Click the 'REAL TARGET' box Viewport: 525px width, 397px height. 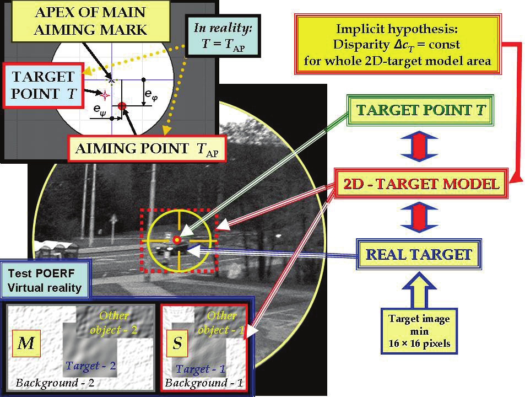[419, 255]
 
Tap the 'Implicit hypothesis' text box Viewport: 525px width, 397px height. [397, 45]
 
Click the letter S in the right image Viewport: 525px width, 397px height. [177, 344]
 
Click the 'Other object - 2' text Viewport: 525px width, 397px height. [117, 323]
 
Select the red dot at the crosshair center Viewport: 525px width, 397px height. [176, 239]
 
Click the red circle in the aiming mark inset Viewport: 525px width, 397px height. [122, 105]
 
